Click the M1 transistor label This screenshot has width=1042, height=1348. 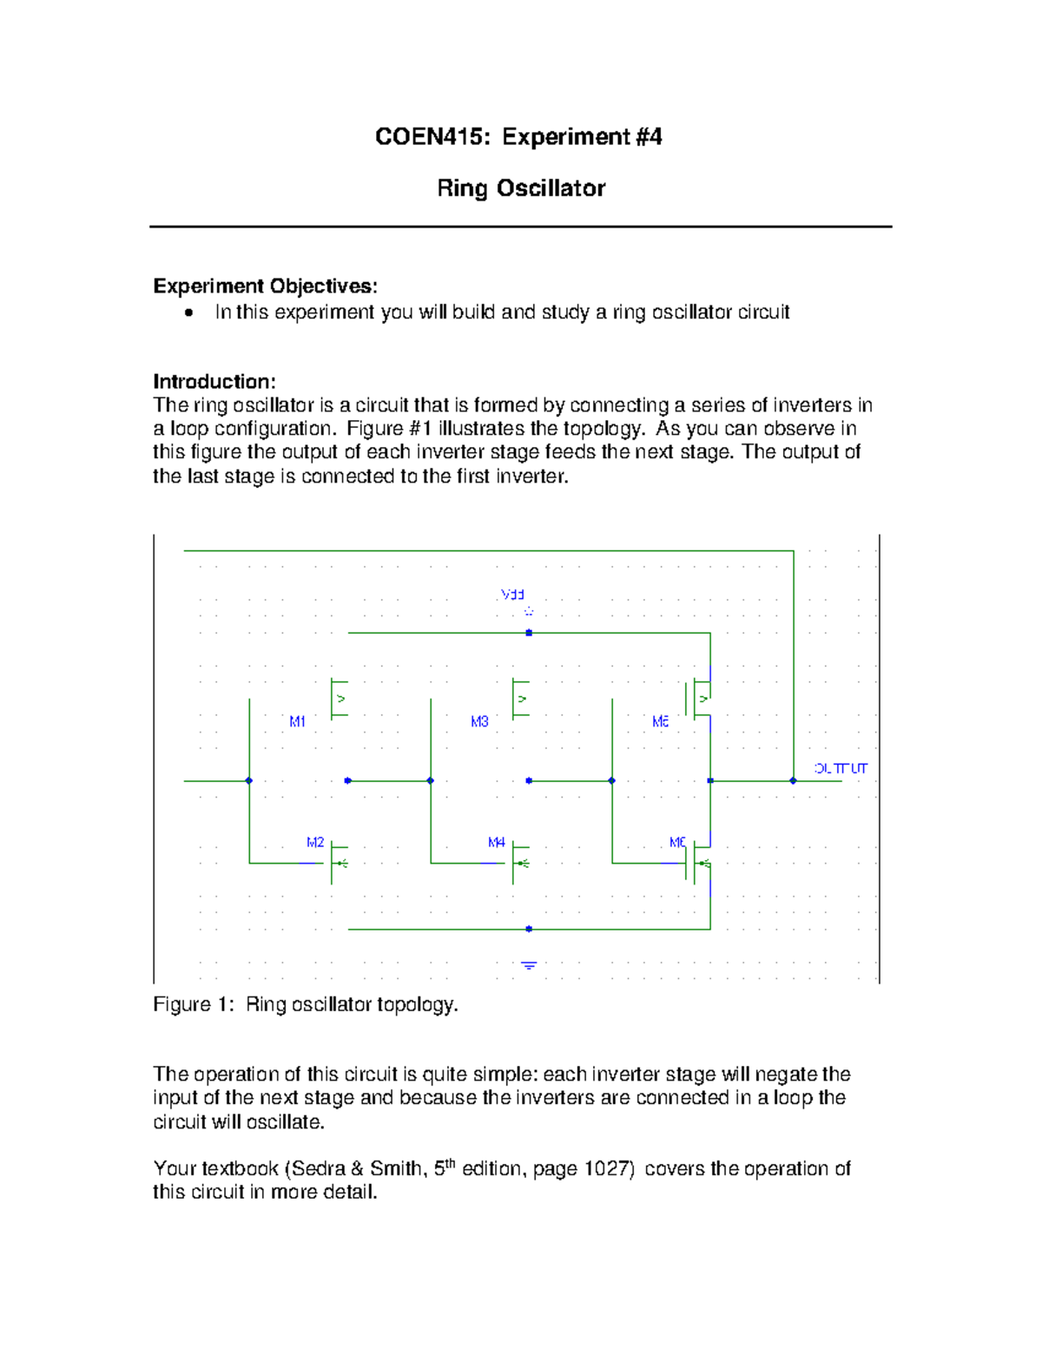point(297,721)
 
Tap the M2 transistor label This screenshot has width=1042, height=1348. point(314,842)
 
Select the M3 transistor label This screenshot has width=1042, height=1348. point(479,721)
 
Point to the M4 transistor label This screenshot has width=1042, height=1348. point(496,842)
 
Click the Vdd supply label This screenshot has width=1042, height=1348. point(512,595)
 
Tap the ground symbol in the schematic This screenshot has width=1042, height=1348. point(529,965)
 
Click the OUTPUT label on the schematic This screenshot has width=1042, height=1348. point(841,768)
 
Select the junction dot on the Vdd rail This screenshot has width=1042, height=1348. point(529,633)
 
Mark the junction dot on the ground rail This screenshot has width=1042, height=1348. point(529,929)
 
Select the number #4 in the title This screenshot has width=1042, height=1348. point(649,137)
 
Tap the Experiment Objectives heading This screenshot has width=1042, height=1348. point(265,286)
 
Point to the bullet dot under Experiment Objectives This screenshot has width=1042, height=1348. point(188,313)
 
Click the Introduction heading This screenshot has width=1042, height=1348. point(214,382)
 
